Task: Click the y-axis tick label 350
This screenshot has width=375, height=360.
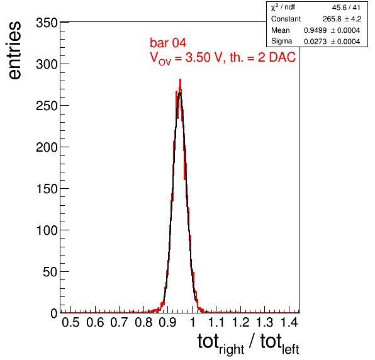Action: click(47, 23)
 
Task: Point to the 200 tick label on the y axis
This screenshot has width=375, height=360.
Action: click(47, 147)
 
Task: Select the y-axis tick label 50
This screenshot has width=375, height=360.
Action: click(50, 272)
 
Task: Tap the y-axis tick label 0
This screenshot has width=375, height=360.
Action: click(54, 313)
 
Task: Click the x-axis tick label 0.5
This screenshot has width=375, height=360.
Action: click(70, 322)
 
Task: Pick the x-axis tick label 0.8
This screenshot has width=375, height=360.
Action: click(143, 322)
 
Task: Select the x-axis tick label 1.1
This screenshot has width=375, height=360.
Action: click(216, 322)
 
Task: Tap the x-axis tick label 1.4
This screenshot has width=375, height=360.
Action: click(289, 322)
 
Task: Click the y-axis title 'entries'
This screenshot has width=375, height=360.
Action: click(15, 50)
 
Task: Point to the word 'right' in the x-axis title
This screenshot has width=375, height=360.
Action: click(232, 349)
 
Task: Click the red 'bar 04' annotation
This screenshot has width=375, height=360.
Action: click(168, 43)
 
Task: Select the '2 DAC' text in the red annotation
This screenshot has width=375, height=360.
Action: click(277, 57)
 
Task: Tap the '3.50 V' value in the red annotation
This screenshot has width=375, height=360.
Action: click(203, 57)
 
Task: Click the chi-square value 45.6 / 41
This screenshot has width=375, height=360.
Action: click(346, 8)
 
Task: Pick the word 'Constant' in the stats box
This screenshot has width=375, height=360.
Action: click(286, 19)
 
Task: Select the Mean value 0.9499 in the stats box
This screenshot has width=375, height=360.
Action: click(315, 30)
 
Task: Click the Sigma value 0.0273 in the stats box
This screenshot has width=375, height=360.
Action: click(315, 42)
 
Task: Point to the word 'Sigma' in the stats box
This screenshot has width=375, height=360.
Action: click(281, 42)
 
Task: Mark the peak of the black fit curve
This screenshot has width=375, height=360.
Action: click(179, 93)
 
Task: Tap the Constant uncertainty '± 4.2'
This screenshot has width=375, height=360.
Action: click(353, 19)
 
